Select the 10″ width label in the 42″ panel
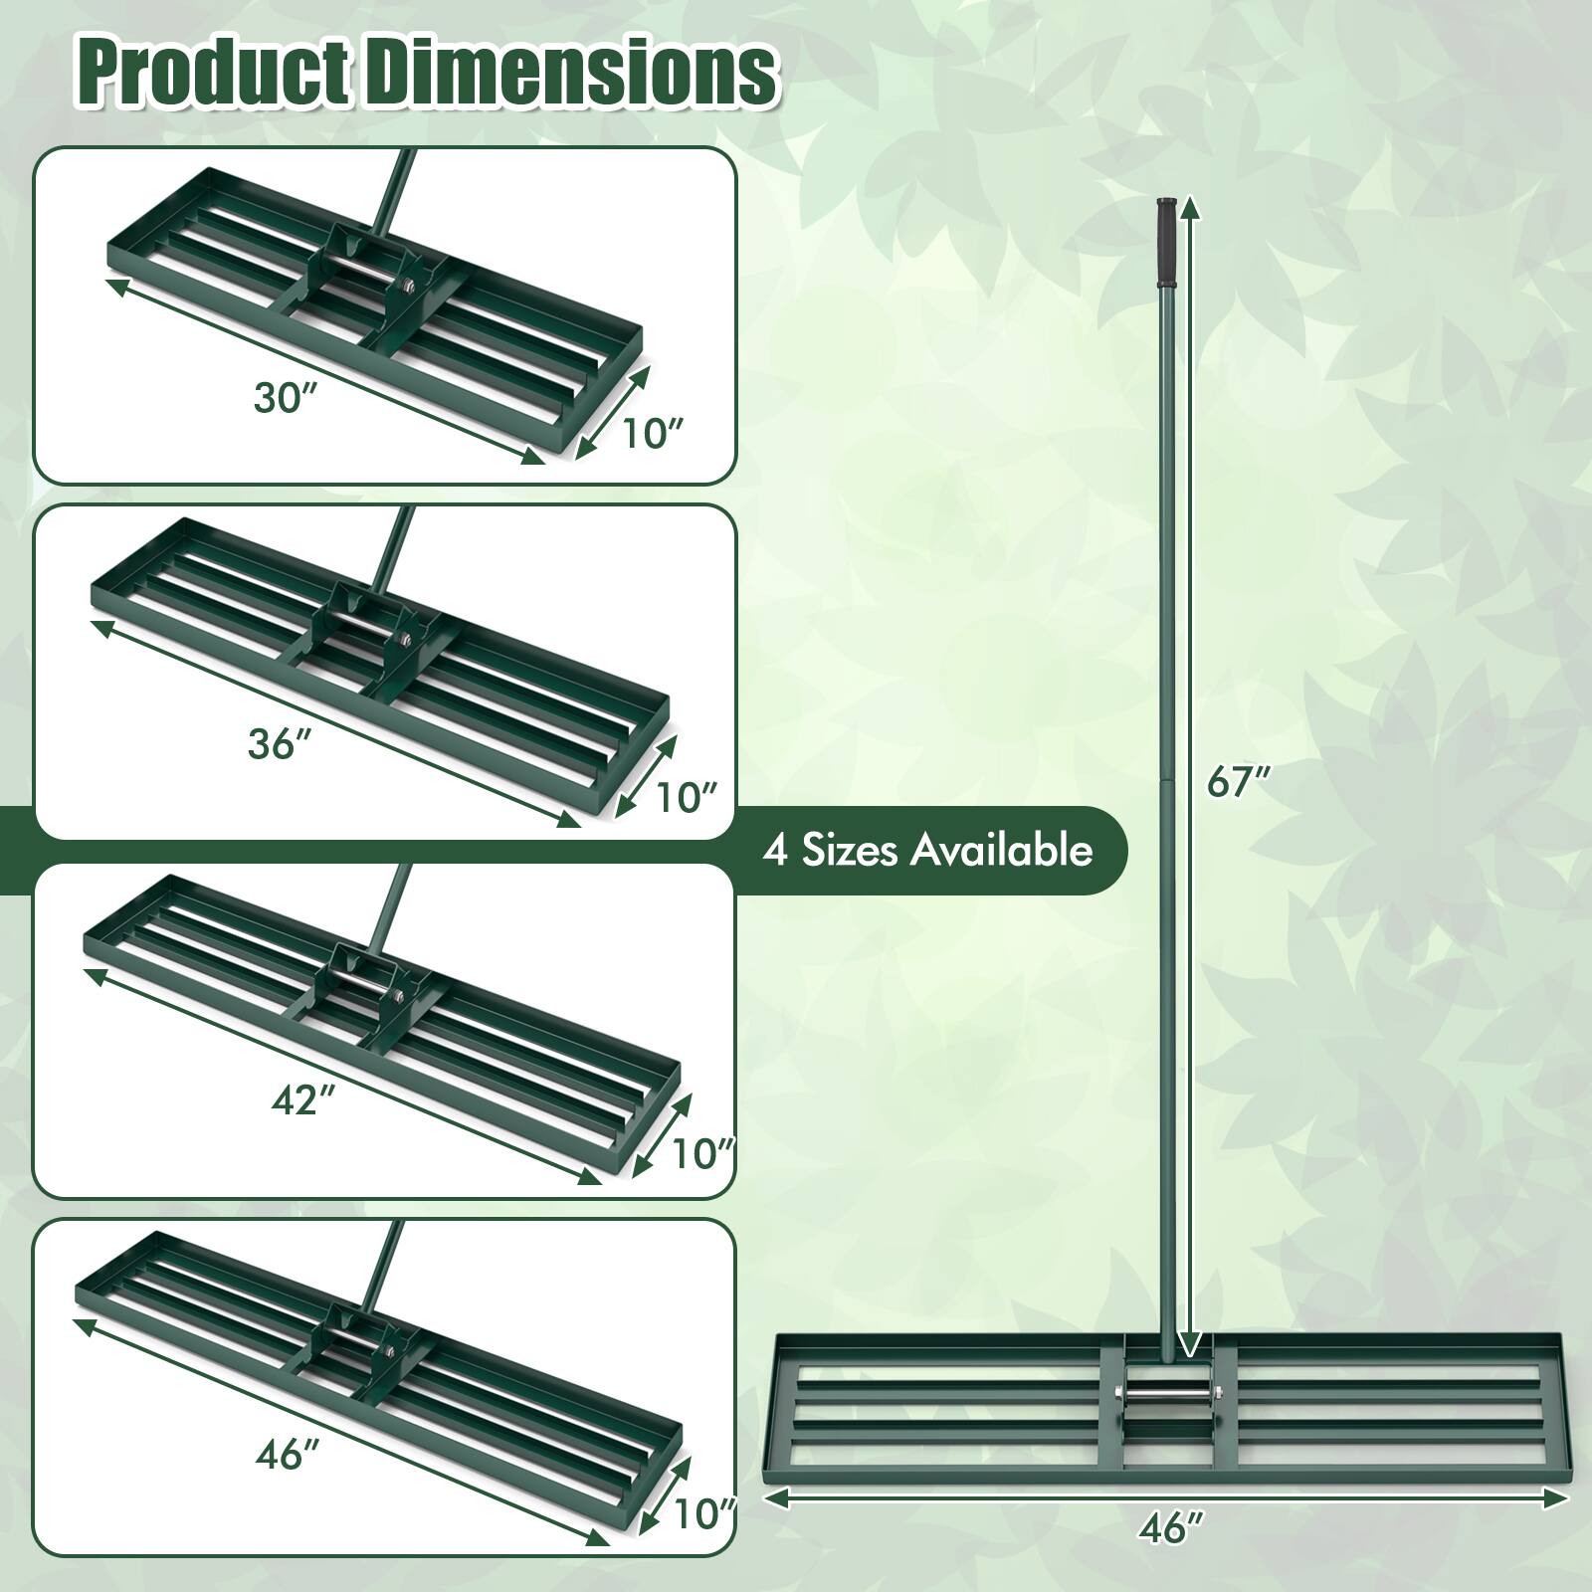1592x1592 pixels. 702,1154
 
